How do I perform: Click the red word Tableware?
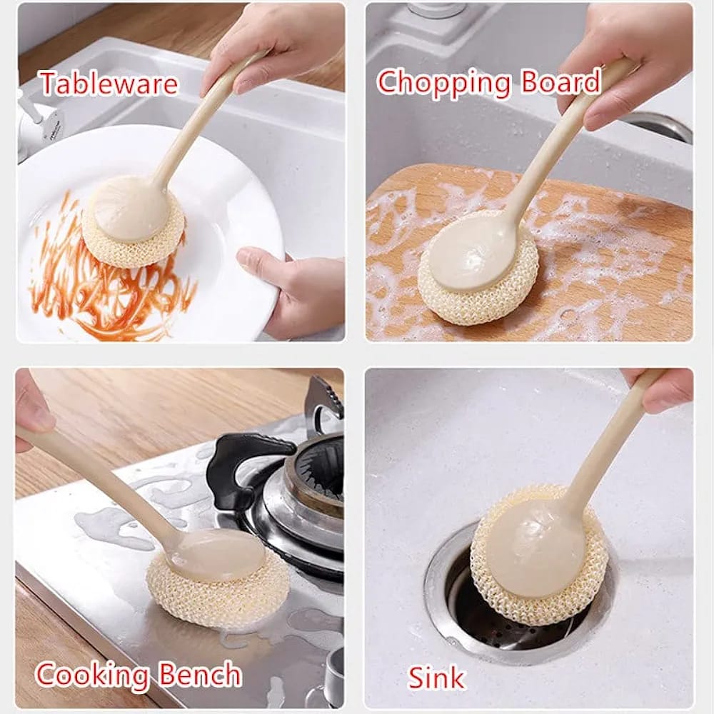tap(108, 84)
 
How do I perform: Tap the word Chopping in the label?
tap(443, 84)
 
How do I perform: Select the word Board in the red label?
tap(560, 83)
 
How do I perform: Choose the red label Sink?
tap(436, 677)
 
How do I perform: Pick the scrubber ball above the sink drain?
tap(539, 564)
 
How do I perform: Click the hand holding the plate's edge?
tap(293, 286)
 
